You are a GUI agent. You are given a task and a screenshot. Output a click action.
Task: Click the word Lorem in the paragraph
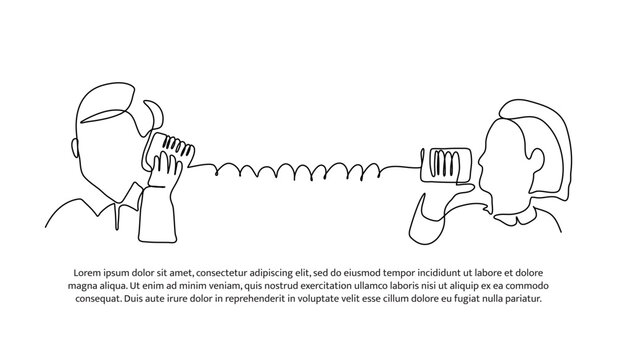pyautogui.click(x=91, y=272)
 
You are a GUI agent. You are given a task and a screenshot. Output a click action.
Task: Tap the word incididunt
pyautogui.click(x=456, y=272)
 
